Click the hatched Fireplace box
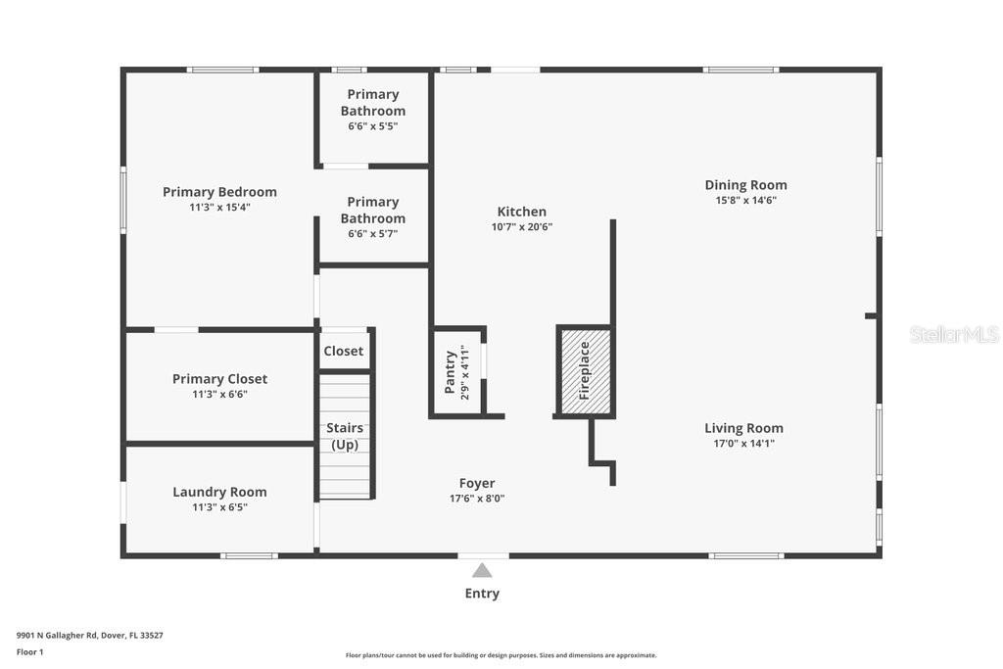(586, 371)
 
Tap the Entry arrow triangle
(482, 570)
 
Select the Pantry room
(458, 372)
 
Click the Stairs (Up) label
(345, 436)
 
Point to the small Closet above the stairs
(344, 351)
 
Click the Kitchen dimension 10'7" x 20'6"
(522, 226)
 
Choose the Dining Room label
(745, 185)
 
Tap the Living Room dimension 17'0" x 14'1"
(744, 444)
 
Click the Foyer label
(477, 483)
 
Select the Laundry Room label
(219, 492)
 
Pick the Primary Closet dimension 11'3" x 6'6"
(219, 394)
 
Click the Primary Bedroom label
(219, 192)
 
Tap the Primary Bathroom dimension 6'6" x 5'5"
(373, 126)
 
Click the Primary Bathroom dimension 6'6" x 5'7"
(373, 233)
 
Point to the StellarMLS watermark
(954, 334)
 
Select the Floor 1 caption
(30, 651)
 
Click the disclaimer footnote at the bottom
(501, 655)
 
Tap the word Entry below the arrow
(482, 593)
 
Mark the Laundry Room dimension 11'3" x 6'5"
(219, 507)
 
